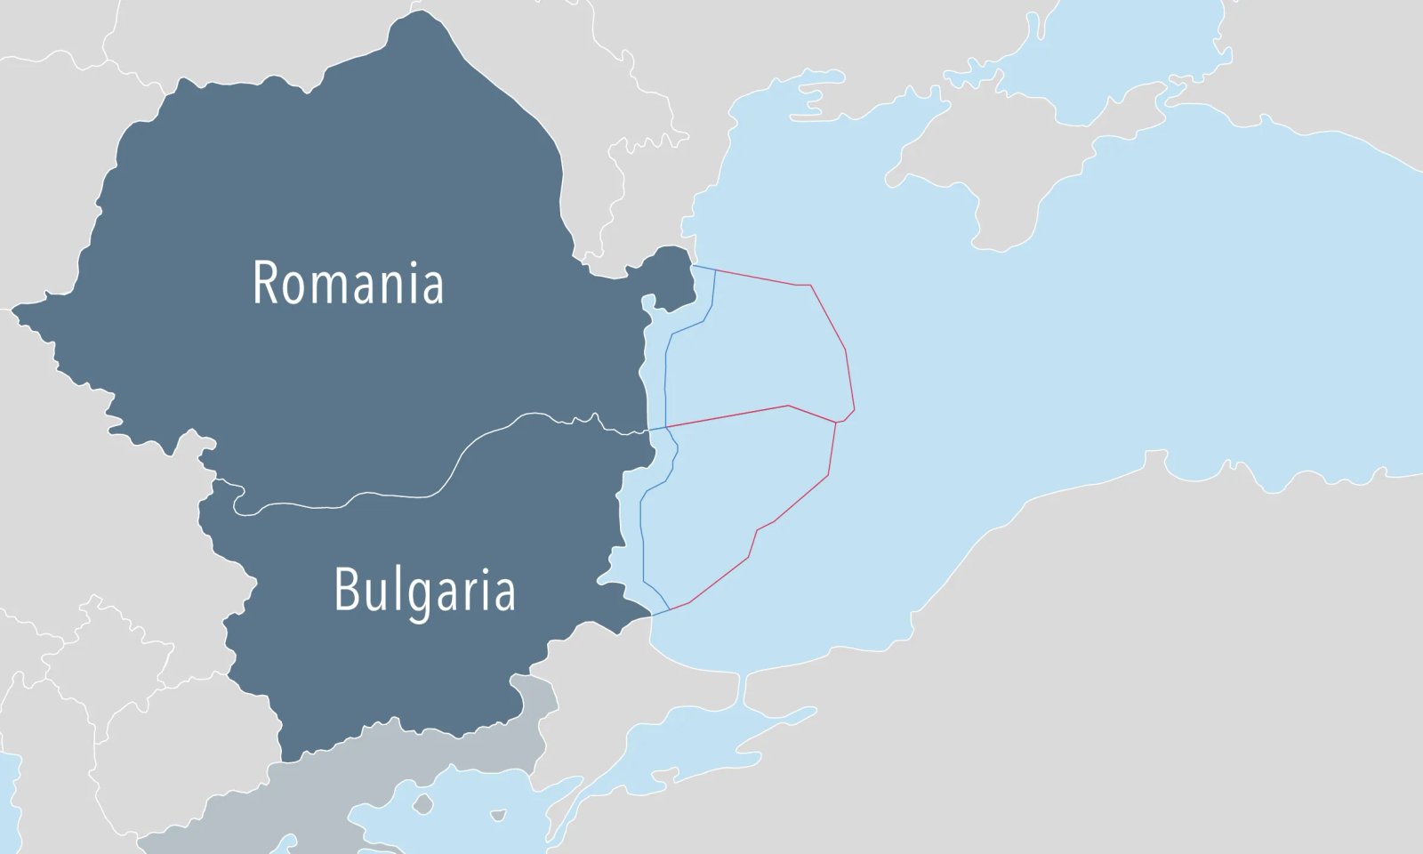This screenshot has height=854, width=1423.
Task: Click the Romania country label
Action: tap(348, 283)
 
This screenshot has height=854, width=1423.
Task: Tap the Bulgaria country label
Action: tap(424, 591)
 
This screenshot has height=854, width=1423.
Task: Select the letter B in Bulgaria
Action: tap(345, 589)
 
